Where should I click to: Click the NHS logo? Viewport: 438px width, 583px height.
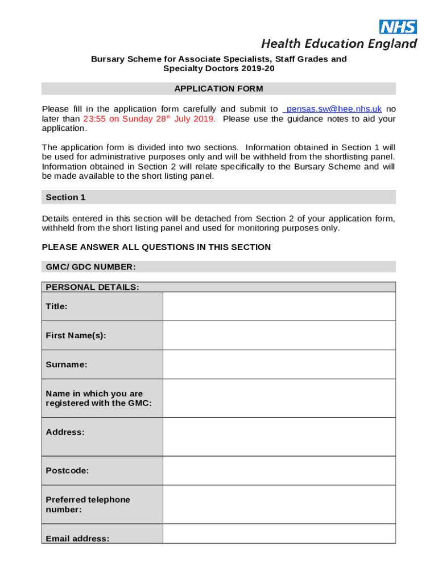click(x=398, y=26)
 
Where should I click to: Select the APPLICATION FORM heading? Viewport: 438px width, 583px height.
click(x=218, y=89)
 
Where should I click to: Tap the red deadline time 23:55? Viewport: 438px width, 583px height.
click(x=94, y=119)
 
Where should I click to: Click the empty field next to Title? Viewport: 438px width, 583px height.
click(x=279, y=306)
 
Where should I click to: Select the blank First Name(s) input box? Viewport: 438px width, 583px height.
click(x=279, y=335)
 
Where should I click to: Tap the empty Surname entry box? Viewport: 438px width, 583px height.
click(x=279, y=364)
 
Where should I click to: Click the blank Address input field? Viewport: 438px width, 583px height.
click(x=279, y=437)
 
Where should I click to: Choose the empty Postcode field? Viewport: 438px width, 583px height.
click(x=279, y=471)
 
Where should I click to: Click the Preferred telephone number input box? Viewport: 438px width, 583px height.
click(x=279, y=504)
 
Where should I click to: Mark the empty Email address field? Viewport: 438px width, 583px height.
click(x=279, y=534)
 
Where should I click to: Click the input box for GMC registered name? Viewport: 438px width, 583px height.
click(x=279, y=398)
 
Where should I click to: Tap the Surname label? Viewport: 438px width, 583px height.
click(x=67, y=364)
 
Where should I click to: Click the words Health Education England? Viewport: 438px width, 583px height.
click(x=339, y=43)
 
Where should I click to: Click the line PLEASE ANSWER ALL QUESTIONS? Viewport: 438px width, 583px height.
click(x=156, y=247)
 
